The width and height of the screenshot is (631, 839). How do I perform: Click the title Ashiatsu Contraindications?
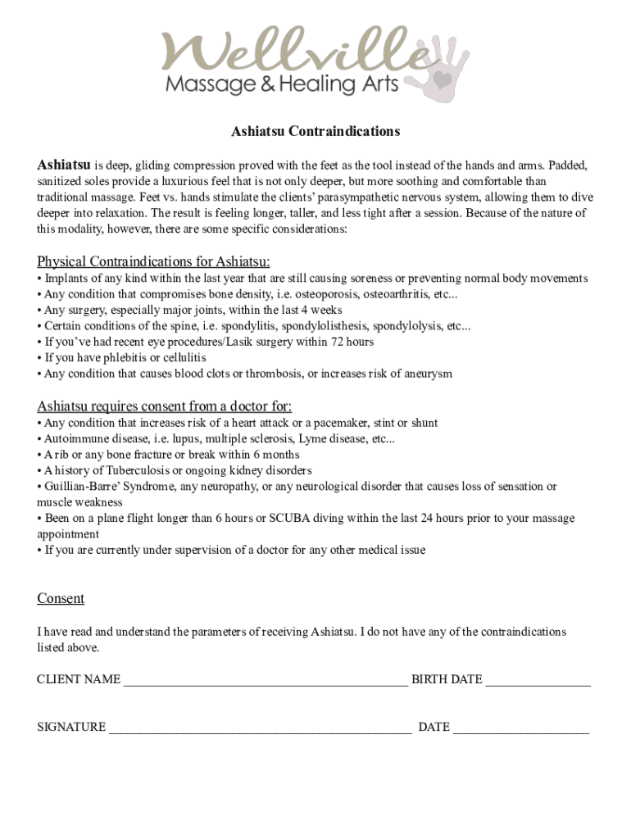pyautogui.click(x=315, y=131)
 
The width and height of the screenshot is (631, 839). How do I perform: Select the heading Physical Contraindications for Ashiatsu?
pyautogui.click(x=153, y=261)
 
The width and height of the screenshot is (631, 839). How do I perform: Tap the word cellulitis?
pyautogui.click(x=182, y=358)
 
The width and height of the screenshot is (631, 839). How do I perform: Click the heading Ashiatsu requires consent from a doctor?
pyautogui.click(x=164, y=406)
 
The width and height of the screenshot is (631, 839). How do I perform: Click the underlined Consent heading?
pyautogui.click(x=61, y=599)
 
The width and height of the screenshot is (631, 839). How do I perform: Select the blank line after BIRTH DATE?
pyautogui.click(x=538, y=681)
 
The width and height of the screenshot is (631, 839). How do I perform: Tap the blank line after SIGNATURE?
pyautogui.click(x=260, y=728)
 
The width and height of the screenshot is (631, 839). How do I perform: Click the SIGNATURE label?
pyautogui.click(x=71, y=727)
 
